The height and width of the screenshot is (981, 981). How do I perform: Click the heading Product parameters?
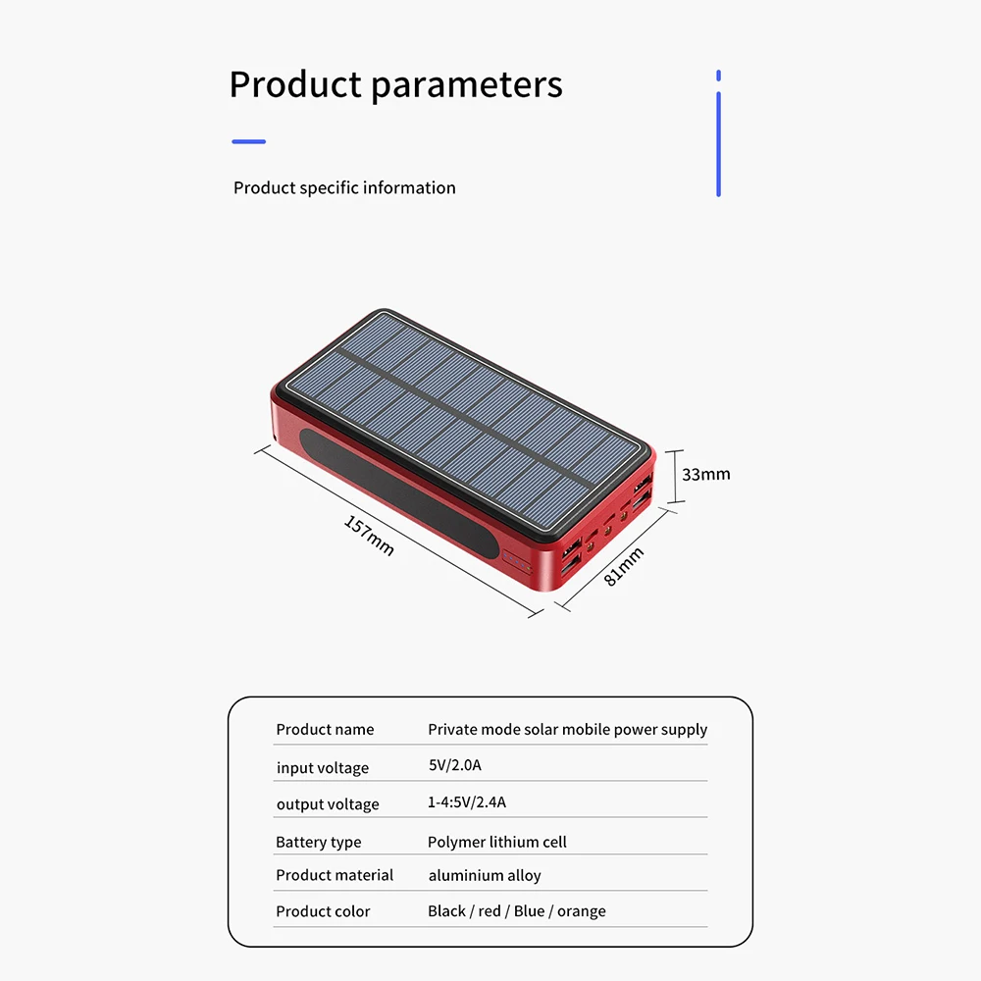396,85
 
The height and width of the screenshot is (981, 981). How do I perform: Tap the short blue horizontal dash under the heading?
249,142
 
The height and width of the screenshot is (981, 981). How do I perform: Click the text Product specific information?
344,187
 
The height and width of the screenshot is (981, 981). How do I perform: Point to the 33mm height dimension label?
705,474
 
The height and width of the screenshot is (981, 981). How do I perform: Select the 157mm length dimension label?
369,535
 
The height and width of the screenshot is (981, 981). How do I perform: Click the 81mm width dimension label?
623,566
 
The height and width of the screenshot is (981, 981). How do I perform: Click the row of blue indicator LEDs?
517,562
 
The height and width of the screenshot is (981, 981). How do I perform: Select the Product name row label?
325,730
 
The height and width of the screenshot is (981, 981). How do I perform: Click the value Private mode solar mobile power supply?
567,730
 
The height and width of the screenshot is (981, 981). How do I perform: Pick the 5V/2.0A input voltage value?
455,765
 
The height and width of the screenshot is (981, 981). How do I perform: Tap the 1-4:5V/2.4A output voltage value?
467,802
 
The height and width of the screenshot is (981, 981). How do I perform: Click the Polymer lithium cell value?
496,842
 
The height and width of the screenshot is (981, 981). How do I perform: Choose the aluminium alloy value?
485,875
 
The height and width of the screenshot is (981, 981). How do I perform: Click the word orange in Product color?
581,911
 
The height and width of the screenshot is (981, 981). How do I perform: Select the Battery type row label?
319,842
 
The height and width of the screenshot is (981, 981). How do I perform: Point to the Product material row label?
335,875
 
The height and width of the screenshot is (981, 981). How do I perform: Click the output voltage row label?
328,804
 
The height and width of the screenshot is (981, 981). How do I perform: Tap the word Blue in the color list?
530,911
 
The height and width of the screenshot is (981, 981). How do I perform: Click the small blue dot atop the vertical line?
718,76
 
